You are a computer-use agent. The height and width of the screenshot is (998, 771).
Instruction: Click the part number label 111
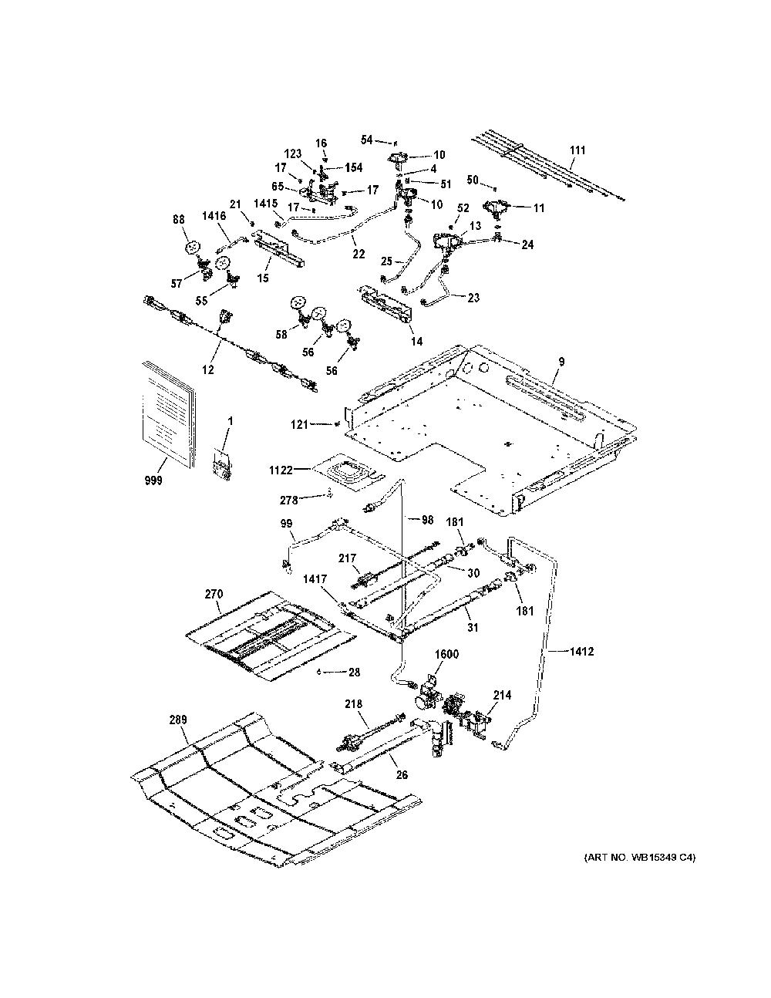(577, 150)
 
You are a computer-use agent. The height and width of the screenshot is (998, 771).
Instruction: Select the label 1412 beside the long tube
(582, 651)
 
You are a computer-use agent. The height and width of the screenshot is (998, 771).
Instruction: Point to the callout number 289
(177, 720)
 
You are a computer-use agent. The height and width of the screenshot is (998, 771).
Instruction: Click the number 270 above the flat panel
(214, 594)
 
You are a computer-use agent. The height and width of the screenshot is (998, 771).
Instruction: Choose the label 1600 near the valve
(446, 653)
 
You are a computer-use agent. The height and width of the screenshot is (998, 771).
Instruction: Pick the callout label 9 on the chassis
(561, 362)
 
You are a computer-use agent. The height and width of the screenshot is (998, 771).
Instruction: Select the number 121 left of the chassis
(299, 424)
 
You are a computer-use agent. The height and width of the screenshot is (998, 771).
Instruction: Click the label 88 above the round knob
(179, 220)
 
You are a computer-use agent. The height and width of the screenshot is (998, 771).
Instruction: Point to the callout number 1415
(266, 204)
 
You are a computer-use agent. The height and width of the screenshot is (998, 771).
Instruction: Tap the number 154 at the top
(353, 167)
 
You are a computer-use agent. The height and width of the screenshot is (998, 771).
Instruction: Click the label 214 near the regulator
(502, 696)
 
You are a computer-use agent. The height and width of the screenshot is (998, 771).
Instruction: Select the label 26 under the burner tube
(402, 775)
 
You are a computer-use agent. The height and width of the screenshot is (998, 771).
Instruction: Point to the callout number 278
(289, 500)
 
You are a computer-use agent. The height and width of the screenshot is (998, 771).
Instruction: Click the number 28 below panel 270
(355, 673)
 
